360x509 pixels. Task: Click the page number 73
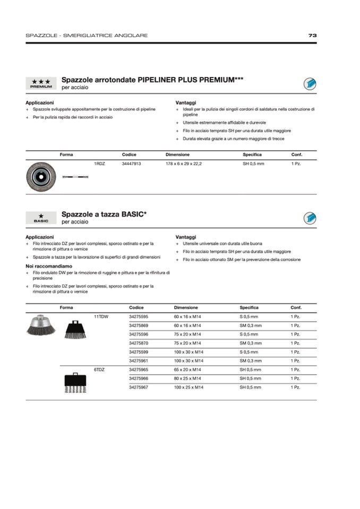312,36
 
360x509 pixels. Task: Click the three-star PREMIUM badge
41,83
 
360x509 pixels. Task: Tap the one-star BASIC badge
41,218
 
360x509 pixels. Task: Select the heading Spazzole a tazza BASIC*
105,214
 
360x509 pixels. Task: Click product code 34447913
131,164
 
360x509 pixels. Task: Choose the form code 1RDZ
99,164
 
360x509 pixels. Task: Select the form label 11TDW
101,316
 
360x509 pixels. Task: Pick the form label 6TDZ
99,369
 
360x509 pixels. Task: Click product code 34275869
139,325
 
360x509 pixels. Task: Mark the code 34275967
139,387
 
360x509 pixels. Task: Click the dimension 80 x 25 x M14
188,378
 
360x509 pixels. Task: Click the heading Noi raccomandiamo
49,266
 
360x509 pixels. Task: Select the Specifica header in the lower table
249,307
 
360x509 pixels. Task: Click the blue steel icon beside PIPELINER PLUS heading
310,83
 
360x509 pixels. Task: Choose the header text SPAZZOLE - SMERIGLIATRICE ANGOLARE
87,36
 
